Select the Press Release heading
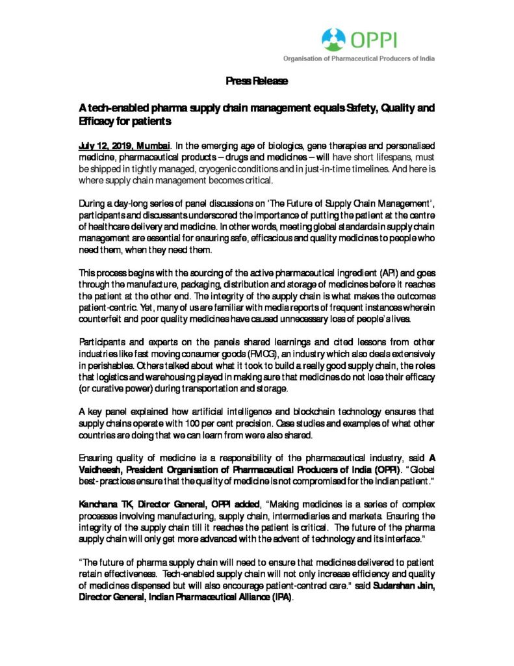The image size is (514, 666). click(x=257, y=81)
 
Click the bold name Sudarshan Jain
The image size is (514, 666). click(x=404, y=590)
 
